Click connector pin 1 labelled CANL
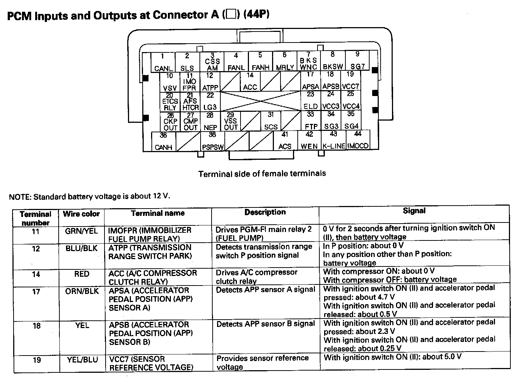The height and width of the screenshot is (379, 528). [163, 62]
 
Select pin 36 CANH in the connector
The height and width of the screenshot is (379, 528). [164, 141]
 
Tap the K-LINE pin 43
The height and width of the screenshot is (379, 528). [333, 141]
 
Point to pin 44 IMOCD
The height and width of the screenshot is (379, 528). [357, 141]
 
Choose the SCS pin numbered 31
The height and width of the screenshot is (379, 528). [271, 121]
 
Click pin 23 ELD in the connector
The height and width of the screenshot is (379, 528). [311, 101]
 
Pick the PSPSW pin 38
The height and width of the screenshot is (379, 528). [213, 141]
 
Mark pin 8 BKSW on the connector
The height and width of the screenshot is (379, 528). [333, 62]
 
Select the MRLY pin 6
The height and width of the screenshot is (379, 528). [285, 62]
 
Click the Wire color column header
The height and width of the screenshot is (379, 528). [81, 214]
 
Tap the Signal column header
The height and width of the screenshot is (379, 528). [414, 211]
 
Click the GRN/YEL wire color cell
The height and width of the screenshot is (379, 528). [81, 231]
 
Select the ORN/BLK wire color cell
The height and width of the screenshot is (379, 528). [82, 291]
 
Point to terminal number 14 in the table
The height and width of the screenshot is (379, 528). [36, 274]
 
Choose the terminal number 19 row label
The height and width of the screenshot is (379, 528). [37, 360]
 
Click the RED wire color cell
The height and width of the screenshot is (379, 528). [81, 274]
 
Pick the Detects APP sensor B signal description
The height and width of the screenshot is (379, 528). [265, 324]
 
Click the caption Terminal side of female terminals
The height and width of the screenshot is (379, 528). [262, 173]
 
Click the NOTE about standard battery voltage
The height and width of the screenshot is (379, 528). [89, 196]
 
